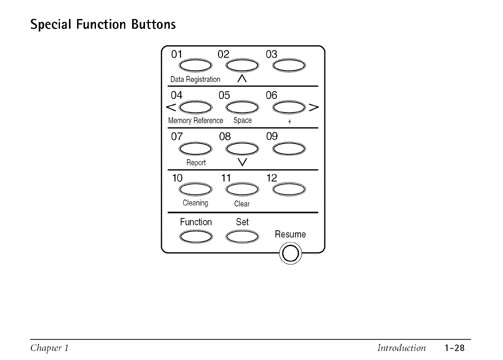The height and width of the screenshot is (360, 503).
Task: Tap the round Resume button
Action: click(x=290, y=254)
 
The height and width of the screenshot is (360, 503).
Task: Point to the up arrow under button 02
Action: click(x=242, y=78)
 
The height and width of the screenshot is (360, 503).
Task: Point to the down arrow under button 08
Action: click(x=242, y=161)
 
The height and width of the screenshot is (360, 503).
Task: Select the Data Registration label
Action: click(x=195, y=79)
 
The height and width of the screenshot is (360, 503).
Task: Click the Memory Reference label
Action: click(x=195, y=121)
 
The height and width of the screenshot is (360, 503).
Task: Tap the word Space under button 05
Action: click(x=242, y=121)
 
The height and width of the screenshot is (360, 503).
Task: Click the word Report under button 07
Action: click(x=196, y=162)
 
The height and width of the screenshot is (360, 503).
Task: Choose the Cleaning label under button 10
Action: click(x=195, y=203)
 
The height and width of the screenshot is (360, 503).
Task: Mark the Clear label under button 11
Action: click(x=242, y=204)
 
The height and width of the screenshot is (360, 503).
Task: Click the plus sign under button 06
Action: click(x=289, y=121)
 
